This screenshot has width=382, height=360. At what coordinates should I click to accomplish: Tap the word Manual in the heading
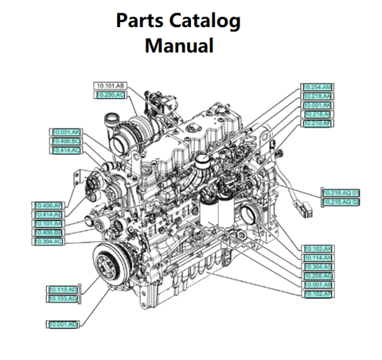point(179,45)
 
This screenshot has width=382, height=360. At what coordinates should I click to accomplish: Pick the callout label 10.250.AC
point(110,95)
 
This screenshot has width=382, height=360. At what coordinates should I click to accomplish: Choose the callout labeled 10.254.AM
point(318,87)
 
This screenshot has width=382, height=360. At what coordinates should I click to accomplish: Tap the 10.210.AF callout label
point(318,123)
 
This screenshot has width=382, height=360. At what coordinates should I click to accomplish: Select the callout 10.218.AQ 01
point(341,193)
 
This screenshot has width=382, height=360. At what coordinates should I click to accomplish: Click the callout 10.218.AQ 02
point(341,202)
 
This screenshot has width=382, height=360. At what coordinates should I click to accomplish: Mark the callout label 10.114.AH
point(318,257)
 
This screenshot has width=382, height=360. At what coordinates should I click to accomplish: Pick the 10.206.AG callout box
point(318,276)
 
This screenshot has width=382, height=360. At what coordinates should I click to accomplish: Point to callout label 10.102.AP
point(318,294)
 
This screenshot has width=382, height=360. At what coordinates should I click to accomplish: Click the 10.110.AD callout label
point(63,289)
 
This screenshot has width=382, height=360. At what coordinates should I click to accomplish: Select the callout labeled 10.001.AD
point(63,325)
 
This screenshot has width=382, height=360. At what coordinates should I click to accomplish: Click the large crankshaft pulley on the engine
point(110,263)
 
